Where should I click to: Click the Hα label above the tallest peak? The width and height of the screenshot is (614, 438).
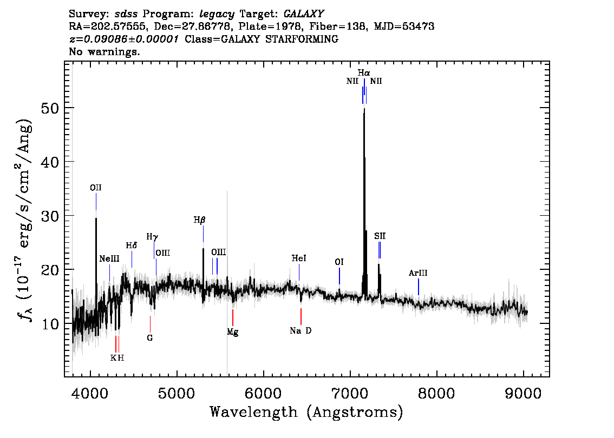click(x=364, y=73)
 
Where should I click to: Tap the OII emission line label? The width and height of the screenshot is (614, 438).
click(x=95, y=188)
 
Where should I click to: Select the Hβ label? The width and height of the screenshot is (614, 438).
click(x=199, y=221)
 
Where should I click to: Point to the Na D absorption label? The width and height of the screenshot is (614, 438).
click(x=301, y=331)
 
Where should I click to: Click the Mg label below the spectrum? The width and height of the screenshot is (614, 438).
click(x=233, y=332)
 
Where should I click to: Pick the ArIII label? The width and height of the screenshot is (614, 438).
click(x=418, y=273)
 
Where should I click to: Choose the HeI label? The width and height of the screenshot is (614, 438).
click(x=299, y=258)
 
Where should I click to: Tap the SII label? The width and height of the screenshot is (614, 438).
click(x=380, y=236)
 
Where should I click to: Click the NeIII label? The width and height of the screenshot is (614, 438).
click(x=109, y=259)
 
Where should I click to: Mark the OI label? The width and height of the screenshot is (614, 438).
click(x=339, y=262)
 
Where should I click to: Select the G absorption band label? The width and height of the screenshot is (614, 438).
click(x=149, y=338)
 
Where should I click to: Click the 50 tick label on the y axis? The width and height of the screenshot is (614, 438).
click(x=50, y=108)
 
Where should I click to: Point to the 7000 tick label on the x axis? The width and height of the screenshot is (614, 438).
click(x=350, y=393)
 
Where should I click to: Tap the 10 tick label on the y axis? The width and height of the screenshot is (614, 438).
click(x=50, y=324)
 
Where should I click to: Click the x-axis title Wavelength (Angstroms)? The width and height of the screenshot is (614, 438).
click(x=306, y=412)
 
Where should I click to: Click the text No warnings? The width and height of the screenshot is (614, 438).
click(x=104, y=51)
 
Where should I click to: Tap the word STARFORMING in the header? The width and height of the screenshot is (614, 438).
click(x=302, y=39)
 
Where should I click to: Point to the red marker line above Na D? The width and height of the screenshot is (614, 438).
click(x=301, y=316)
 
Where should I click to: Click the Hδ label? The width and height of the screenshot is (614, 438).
click(x=132, y=245)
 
